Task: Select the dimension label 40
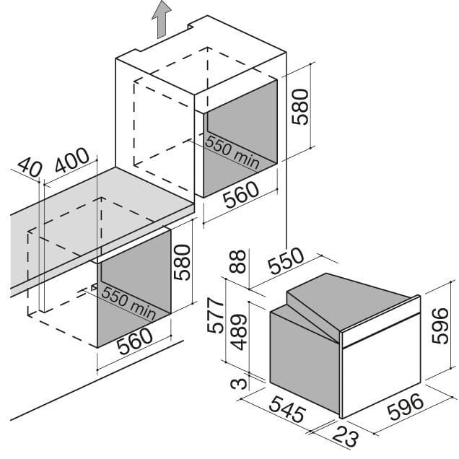(x=30, y=168)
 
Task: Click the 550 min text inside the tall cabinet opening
(x=232, y=152)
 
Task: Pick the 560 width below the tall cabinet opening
(x=240, y=196)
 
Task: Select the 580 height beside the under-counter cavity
(x=182, y=262)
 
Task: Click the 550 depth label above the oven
(x=285, y=263)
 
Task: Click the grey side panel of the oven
(x=304, y=361)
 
